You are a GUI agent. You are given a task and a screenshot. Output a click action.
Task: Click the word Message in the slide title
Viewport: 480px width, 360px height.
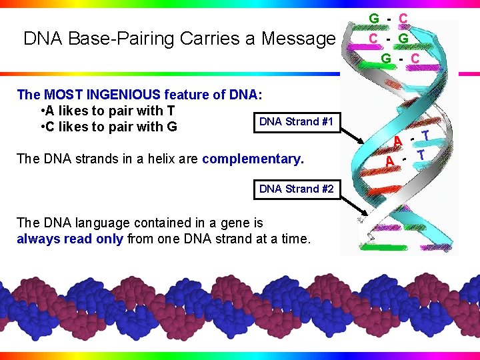297,39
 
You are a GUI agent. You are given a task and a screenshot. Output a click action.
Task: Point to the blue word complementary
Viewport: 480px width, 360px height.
253,159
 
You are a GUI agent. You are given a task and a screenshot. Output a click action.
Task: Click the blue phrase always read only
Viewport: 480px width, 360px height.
69,238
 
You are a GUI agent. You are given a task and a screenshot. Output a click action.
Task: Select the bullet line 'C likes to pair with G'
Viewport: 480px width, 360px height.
111,127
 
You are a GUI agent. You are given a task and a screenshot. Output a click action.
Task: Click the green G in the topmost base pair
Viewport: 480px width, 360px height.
375,18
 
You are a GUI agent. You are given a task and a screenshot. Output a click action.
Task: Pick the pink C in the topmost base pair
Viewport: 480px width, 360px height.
403,18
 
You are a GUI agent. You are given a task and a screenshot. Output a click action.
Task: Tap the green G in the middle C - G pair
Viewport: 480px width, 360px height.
403,38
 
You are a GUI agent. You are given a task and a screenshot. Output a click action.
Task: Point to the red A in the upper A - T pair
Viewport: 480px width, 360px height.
397,141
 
